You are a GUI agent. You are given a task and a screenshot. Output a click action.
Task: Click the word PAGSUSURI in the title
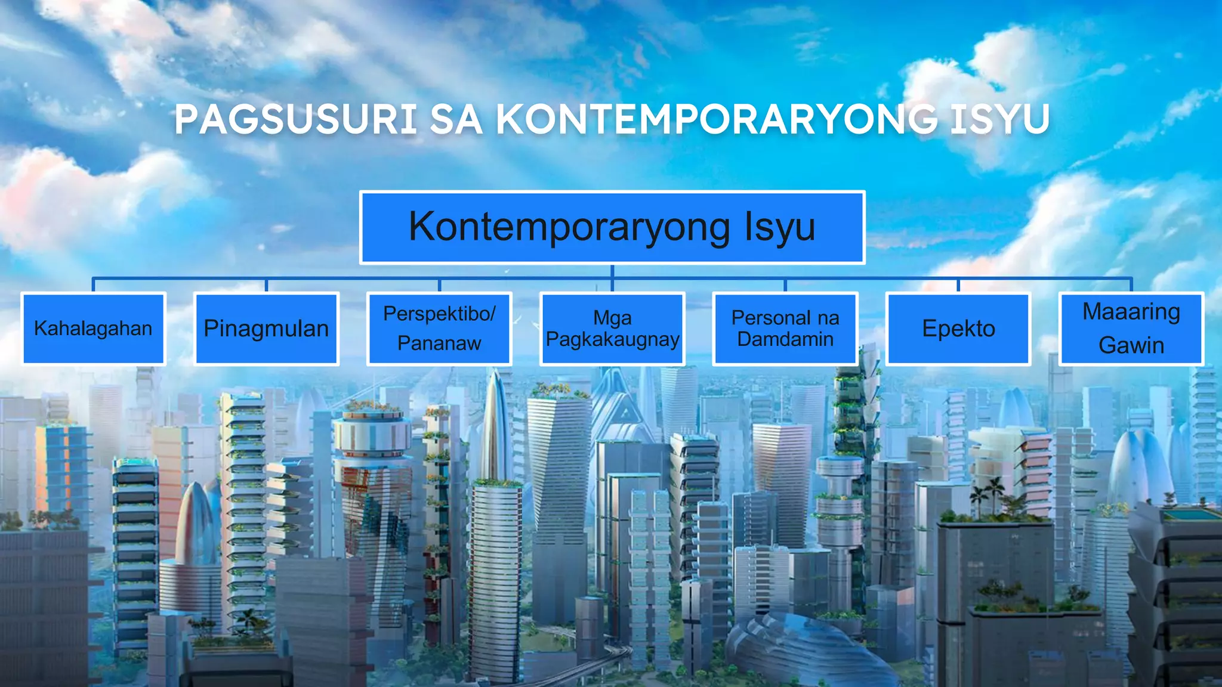296,119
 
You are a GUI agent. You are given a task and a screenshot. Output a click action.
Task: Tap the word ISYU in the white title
999,119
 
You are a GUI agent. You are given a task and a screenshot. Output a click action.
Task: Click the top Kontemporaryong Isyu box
612,227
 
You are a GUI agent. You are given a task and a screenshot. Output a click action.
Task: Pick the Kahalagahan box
93,329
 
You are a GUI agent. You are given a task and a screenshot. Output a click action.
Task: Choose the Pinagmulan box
266,329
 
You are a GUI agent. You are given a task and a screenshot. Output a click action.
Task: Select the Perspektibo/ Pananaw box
439,329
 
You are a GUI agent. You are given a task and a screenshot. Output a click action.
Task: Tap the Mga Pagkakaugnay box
612,329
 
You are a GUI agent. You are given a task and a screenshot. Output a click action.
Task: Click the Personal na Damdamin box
785,329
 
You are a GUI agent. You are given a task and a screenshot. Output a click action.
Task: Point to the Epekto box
958,329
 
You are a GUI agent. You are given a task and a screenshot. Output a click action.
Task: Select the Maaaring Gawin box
1131,329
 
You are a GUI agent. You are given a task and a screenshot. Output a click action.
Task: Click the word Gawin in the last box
1131,345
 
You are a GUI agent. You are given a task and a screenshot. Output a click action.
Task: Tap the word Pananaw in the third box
439,343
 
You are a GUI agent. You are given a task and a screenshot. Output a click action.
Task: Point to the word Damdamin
785,339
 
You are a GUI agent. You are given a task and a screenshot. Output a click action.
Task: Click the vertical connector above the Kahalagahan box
93,284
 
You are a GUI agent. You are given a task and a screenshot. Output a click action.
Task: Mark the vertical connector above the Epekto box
958,284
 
